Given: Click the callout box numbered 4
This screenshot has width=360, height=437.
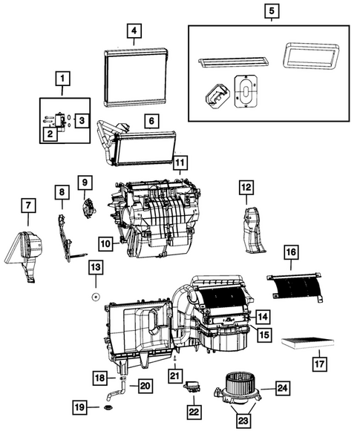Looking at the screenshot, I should [x=133, y=31].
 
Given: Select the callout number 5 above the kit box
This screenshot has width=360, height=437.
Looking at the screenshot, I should [x=271, y=12].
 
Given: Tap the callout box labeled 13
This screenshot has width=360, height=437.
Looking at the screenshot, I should [x=96, y=266].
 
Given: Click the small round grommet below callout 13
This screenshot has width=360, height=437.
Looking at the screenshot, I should [x=96, y=295].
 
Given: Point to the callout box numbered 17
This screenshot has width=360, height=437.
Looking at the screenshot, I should [x=318, y=364].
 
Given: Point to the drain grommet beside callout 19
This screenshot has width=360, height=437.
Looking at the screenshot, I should [x=108, y=407].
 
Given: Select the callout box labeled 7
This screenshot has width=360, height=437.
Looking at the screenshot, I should [x=27, y=205].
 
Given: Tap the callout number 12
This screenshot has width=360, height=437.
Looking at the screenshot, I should [x=246, y=188].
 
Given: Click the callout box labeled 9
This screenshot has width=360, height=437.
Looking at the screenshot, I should [x=85, y=181].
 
